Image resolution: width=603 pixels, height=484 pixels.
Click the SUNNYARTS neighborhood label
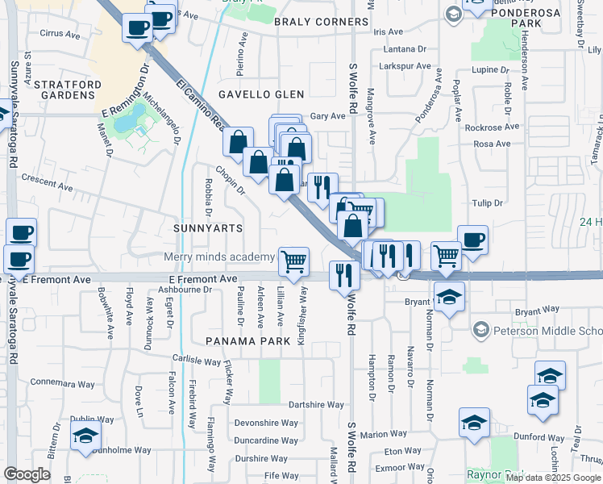pos(208,228)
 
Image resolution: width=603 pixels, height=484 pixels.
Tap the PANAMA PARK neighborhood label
pos(247,341)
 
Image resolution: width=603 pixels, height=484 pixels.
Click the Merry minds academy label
pos(219,257)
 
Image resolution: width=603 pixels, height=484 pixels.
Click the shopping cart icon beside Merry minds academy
pos(294,260)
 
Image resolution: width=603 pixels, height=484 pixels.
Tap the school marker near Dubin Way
pos(85,436)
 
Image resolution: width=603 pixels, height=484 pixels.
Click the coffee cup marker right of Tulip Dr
pos(472,240)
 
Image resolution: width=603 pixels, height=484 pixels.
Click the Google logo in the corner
pos(27,474)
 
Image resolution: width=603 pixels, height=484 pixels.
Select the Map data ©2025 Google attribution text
pos(552,478)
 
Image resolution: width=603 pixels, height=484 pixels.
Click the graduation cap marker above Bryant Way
pos(448,296)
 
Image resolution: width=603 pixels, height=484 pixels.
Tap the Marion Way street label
pos(384,434)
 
